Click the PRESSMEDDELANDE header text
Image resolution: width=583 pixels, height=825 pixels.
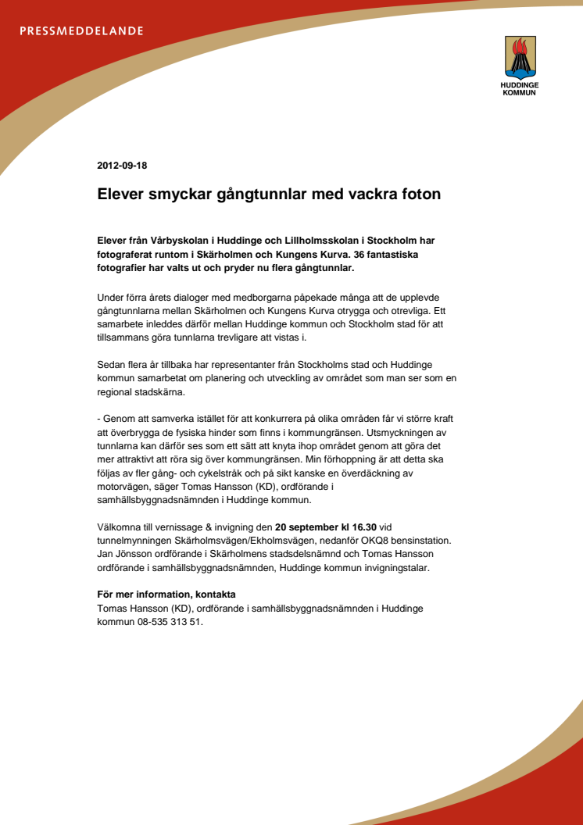point(81,31)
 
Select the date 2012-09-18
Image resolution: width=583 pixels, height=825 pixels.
point(122,166)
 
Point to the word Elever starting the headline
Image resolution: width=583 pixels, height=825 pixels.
point(121,194)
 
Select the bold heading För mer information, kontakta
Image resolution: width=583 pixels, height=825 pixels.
point(166,595)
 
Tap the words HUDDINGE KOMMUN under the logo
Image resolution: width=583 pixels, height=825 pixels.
point(519,88)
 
